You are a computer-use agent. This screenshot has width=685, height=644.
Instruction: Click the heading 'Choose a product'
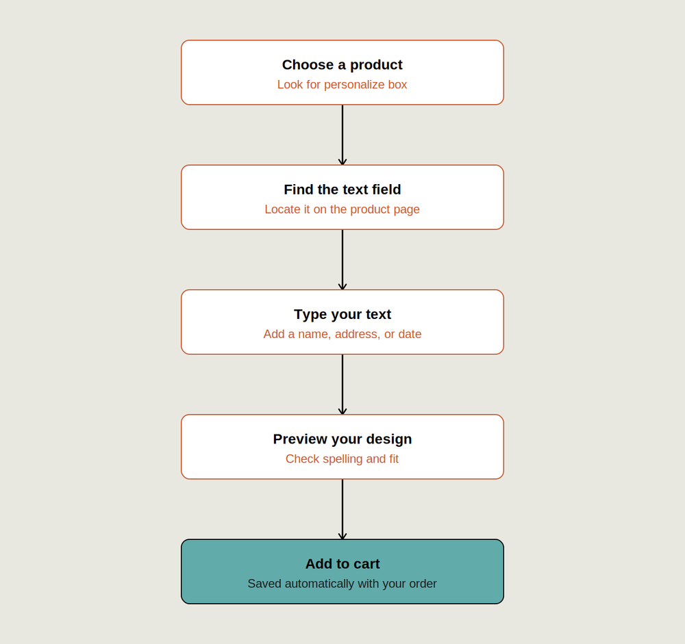point(342,64)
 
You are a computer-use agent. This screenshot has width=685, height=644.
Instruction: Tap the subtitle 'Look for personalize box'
point(342,84)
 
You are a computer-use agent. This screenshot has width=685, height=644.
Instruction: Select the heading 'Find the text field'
point(342,190)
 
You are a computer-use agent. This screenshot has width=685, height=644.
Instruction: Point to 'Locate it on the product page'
point(342,209)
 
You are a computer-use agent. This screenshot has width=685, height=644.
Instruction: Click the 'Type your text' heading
point(342,314)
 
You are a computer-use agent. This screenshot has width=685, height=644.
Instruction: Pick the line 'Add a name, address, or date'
point(342,334)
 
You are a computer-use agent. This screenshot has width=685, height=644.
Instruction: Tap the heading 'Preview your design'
point(342,439)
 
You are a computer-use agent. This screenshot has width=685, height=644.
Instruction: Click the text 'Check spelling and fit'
point(342,459)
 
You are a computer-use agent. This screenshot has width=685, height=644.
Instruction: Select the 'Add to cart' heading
point(342,564)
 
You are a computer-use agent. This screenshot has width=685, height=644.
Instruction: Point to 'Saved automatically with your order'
point(342,584)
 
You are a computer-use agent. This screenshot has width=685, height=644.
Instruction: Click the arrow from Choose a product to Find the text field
point(342,135)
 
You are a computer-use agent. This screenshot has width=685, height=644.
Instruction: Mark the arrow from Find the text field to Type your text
point(342,260)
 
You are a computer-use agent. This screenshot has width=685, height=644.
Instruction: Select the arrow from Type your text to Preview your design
point(342,385)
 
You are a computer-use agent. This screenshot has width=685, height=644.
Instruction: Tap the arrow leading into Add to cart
point(342,510)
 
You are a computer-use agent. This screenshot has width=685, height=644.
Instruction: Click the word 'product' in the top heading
point(376,65)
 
